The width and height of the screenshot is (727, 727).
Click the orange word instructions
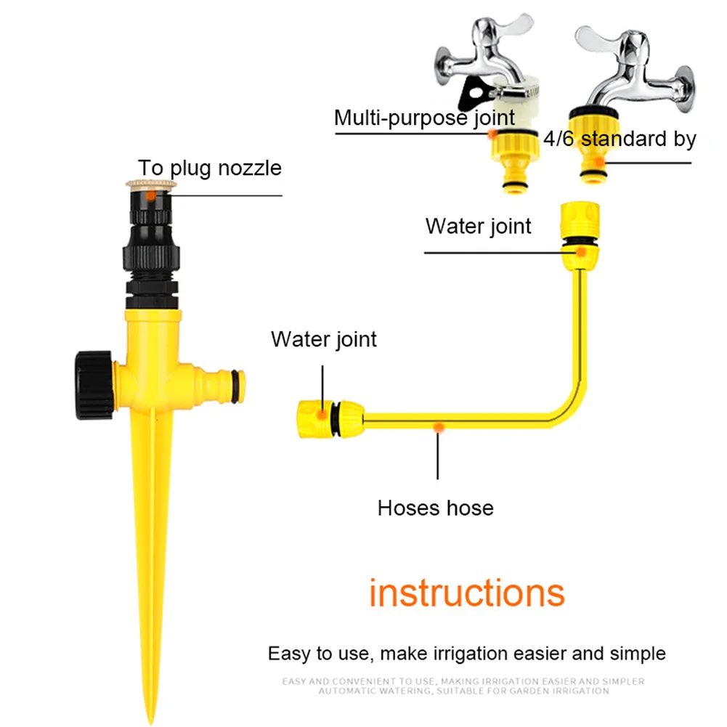pos(466,593)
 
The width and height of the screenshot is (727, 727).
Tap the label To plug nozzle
pos(210,168)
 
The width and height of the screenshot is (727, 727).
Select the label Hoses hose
pos(435,508)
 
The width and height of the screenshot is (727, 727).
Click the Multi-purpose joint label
pos(424,117)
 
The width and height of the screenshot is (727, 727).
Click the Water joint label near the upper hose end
pos(479,226)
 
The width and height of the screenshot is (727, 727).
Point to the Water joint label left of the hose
pos(324,339)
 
